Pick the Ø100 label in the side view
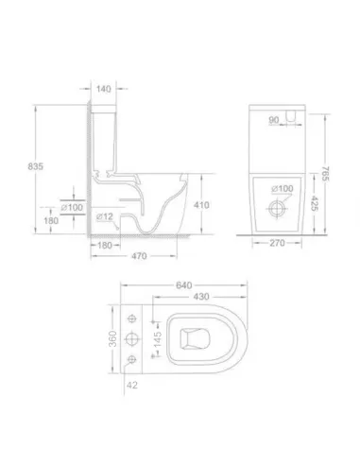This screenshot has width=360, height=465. [x=71, y=205]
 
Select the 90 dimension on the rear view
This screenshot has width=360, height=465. [x=274, y=121]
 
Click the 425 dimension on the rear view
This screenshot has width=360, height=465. [x=314, y=202]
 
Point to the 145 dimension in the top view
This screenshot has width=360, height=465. [x=157, y=336]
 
